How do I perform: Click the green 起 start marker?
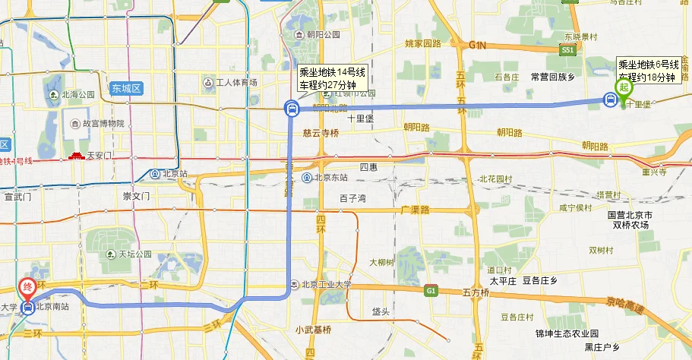[x=624, y=87]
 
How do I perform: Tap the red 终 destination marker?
[x=27, y=288]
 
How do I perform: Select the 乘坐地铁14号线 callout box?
[x=332, y=78]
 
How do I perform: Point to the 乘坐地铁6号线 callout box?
[x=646, y=71]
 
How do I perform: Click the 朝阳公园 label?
[x=323, y=35]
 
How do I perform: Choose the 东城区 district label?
[x=125, y=88]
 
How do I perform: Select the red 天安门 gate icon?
[x=77, y=156]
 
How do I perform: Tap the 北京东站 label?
[x=330, y=178]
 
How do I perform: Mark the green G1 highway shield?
[x=431, y=290]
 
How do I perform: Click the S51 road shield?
[x=567, y=49]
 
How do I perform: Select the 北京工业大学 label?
[x=327, y=285]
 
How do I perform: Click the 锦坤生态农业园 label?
[x=567, y=333]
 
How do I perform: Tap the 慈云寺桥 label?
[x=320, y=132]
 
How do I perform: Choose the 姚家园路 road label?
[x=423, y=43]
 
